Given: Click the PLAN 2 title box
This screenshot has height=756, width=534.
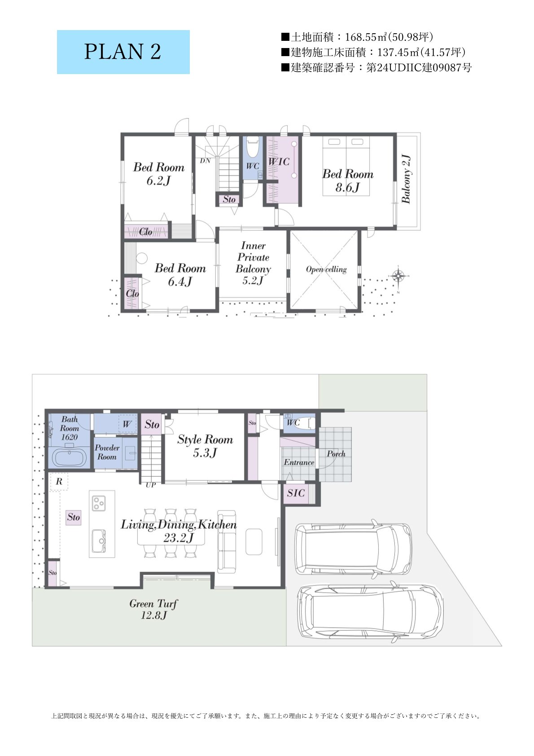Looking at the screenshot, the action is pyautogui.click(x=123, y=52).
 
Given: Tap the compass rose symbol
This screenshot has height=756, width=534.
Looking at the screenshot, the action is pyautogui.click(x=399, y=277).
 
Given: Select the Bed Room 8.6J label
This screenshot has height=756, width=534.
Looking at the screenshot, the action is pyautogui.click(x=348, y=180).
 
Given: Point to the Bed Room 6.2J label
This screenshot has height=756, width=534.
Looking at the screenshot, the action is pyautogui.click(x=159, y=174).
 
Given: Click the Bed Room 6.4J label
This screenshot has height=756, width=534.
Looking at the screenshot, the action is pyautogui.click(x=180, y=275).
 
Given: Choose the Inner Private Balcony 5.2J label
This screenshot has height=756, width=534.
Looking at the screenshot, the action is pyautogui.click(x=253, y=263).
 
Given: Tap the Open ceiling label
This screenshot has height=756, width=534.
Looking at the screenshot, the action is pyautogui.click(x=326, y=269).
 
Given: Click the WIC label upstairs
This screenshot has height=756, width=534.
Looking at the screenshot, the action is pyautogui.click(x=279, y=162).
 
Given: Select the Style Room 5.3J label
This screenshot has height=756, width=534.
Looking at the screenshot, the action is pyautogui.click(x=205, y=446).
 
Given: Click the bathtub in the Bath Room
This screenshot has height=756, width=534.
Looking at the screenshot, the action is pyautogui.click(x=70, y=457).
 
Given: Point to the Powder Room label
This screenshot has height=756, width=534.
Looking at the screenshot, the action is pyautogui.click(x=107, y=452).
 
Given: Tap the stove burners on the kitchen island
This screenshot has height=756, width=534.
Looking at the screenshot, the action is pyautogui.click(x=99, y=503).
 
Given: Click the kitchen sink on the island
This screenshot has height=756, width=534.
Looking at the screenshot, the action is pyautogui.click(x=99, y=541).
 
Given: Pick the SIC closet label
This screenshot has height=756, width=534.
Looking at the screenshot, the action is pyautogui.click(x=296, y=493).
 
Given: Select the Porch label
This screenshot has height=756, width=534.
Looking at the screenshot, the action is pyautogui.click(x=336, y=454).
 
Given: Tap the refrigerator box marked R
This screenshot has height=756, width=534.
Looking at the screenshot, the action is pyautogui.click(x=59, y=482).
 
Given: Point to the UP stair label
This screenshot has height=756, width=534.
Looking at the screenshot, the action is pyautogui.click(x=151, y=485).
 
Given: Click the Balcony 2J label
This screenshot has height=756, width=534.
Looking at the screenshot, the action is pyautogui.click(x=406, y=179).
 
